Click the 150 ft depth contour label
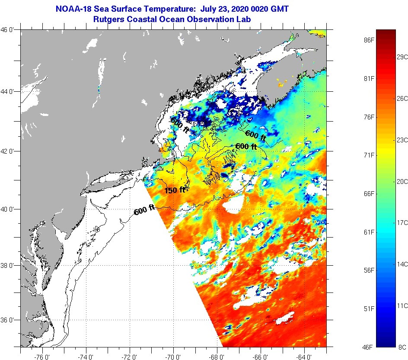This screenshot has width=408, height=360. point(175,190)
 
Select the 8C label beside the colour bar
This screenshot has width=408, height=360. point(402,347)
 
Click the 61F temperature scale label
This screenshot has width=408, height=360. point(368,232)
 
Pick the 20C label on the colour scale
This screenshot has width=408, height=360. point(402,181)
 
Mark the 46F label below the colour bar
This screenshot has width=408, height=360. point(368,347)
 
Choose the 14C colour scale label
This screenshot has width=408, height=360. point(402,264)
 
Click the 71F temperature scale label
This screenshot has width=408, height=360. point(368,155)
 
